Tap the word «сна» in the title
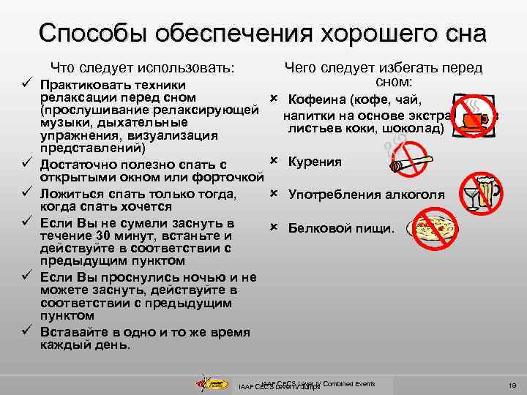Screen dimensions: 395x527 (459, 34)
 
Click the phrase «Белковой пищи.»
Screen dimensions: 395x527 (340, 228)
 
